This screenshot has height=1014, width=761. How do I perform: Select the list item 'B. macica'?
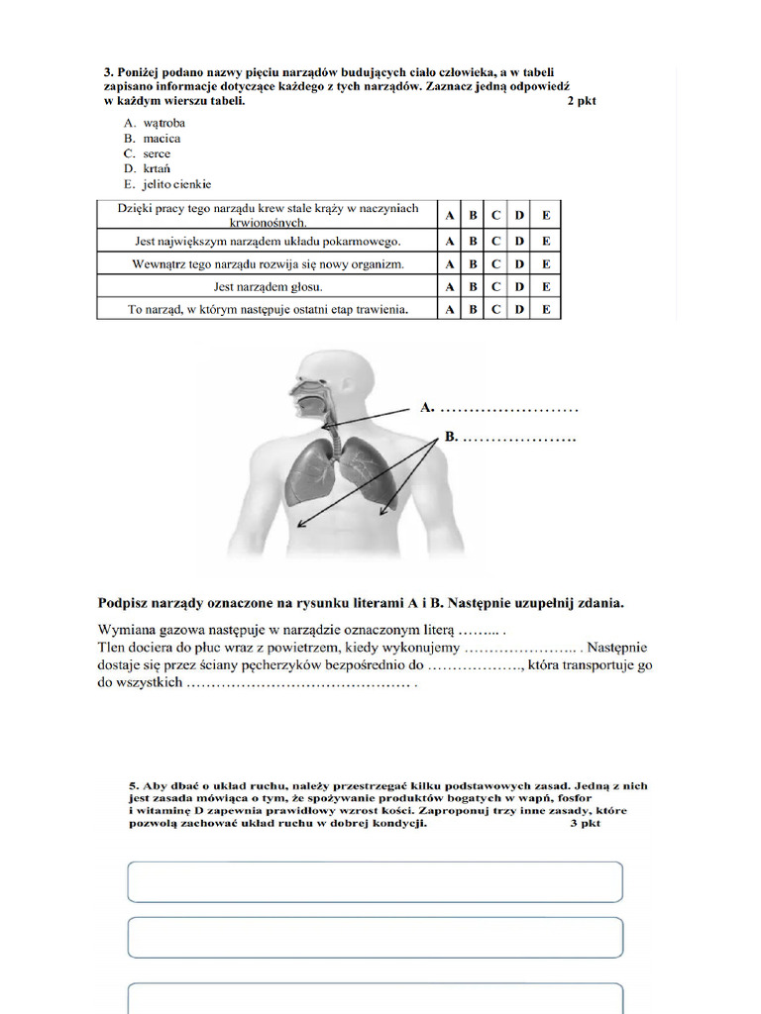pyautogui.click(x=152, y=139)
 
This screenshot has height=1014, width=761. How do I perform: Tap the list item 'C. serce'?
pyautogui.click(x=147, y=153)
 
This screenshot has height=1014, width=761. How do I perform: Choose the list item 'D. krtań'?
pyautogui.click(x=147, y=169)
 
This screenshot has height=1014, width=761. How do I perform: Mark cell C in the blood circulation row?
pyautogui.click(x=495, y=215)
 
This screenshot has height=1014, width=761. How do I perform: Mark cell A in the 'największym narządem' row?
pyautogui.click(x=449, y=241)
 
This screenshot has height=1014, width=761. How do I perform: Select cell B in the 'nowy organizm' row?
pyautogui.click(x=473, y=264)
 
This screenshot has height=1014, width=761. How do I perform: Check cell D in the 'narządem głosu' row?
pyautogui.click(x=518, y=287)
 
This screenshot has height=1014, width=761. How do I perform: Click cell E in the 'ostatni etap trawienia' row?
pyautogui.click(x=545, y=310)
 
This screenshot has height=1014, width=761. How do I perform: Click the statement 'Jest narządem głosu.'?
pyautogui.click(x=267, y=287)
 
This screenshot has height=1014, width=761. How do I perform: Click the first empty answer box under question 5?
pyautogui.click(x=375, y=881)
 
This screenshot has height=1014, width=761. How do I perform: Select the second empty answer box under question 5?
pyautogui.click(x=375, y=937)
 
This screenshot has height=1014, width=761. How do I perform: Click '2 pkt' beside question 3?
pyautogui.click(x=582, y=101)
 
